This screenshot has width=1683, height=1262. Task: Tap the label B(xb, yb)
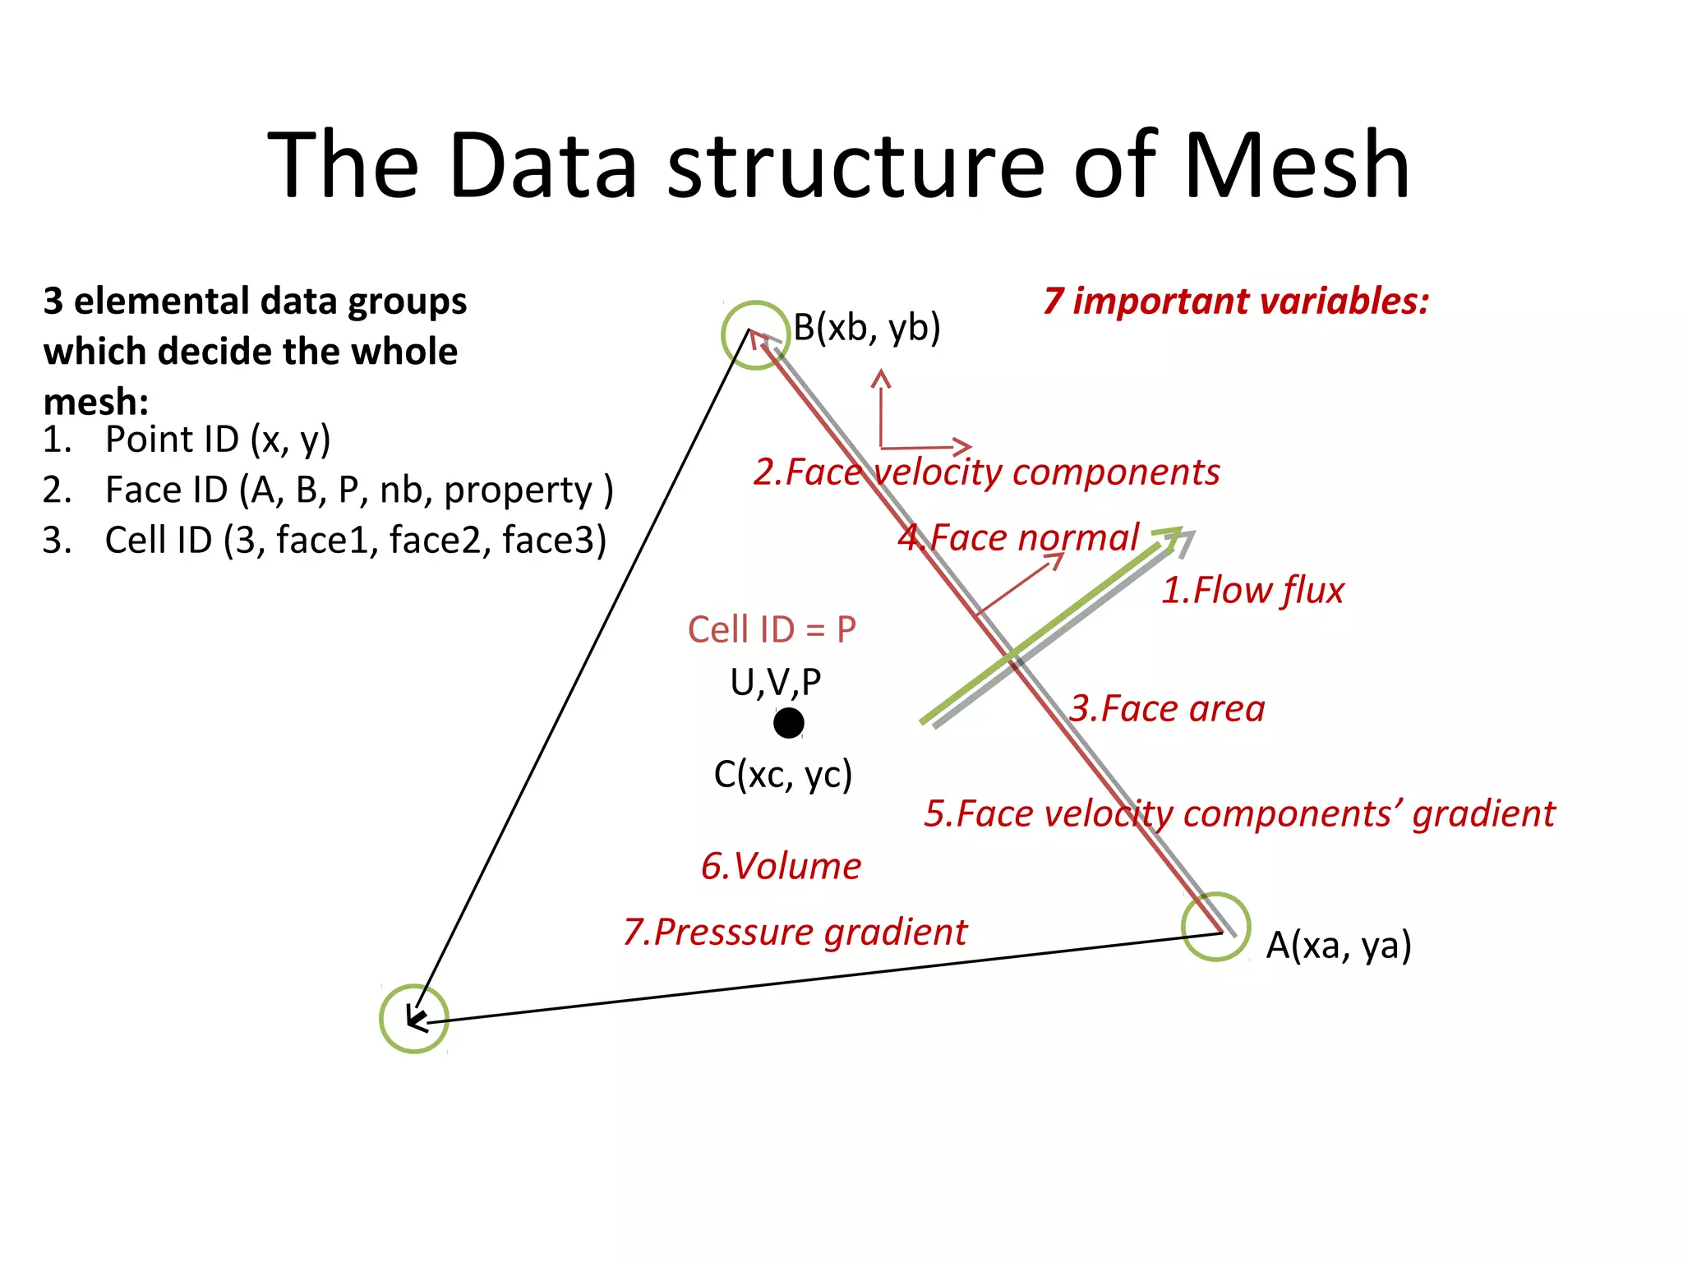click(x=866, y=327)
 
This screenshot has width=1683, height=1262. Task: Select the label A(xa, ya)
click(x=1338, y=945)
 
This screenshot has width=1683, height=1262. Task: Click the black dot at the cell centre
click(x=789, y=723)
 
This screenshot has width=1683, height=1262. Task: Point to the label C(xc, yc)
click(x=782, y=774)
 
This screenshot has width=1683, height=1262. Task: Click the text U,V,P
click(x=775, y=682)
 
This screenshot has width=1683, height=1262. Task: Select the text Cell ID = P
click(x=772, y=629)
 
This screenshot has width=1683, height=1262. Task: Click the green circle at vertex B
click(x=755, y=335)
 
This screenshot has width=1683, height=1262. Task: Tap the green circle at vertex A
click(x=1215, y=926)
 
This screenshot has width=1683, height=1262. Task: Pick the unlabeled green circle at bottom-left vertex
click(x=414, y=1018)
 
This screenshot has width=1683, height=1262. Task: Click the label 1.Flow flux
click(x=1252, y=590)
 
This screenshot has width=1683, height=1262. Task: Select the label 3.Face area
click(x=1166, y=708)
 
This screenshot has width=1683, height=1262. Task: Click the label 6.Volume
click(x=781, y=866)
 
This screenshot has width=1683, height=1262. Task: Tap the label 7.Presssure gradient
click(x=795, y=932)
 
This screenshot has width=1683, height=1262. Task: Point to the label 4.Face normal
click(x=1018, y=537)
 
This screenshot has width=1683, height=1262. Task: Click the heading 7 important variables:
click(x=1236, y=301)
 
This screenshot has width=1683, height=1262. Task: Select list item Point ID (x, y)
click(x=218, y=439)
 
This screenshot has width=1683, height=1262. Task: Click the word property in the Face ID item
click(x=518, y=490)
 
